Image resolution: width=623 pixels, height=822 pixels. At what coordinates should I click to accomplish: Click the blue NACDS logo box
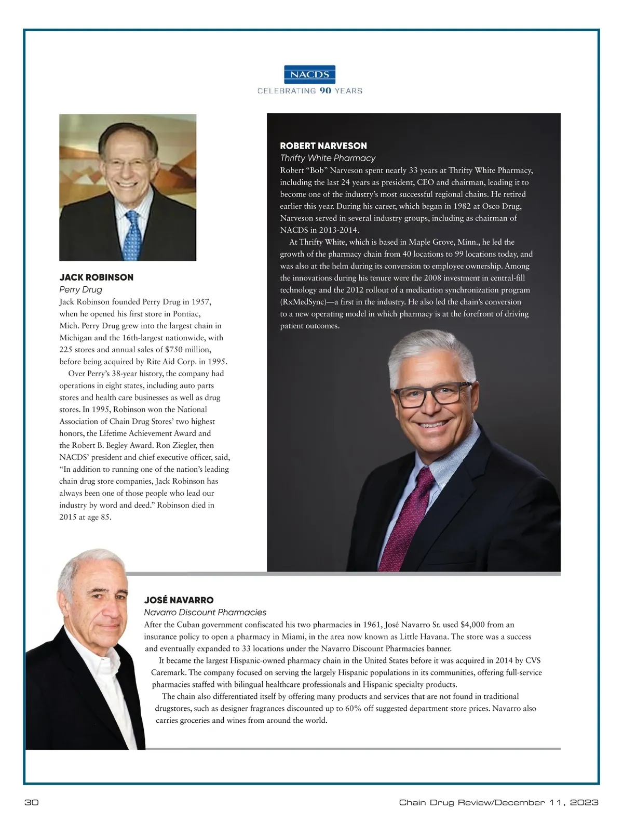[310, 74]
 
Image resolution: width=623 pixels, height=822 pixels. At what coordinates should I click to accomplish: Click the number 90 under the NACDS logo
[325, 91]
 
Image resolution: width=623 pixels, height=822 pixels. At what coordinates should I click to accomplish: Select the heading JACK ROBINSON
[96, 277]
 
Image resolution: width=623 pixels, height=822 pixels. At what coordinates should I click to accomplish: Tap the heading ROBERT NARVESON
[323, 146]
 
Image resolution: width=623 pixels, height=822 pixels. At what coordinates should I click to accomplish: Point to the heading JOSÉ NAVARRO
[179, 600]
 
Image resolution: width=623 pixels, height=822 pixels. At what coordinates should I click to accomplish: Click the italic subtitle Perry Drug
[80, 289]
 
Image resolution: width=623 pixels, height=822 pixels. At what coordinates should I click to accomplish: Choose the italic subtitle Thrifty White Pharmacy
[328, 158]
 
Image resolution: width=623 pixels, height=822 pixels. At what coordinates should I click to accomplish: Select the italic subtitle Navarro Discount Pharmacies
[205, 613]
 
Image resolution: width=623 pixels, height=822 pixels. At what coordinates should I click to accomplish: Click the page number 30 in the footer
[32, 803]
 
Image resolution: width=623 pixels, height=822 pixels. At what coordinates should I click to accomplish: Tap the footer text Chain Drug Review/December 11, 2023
[498, 803]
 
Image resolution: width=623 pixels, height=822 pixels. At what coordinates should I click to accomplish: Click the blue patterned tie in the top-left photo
[133, 236]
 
